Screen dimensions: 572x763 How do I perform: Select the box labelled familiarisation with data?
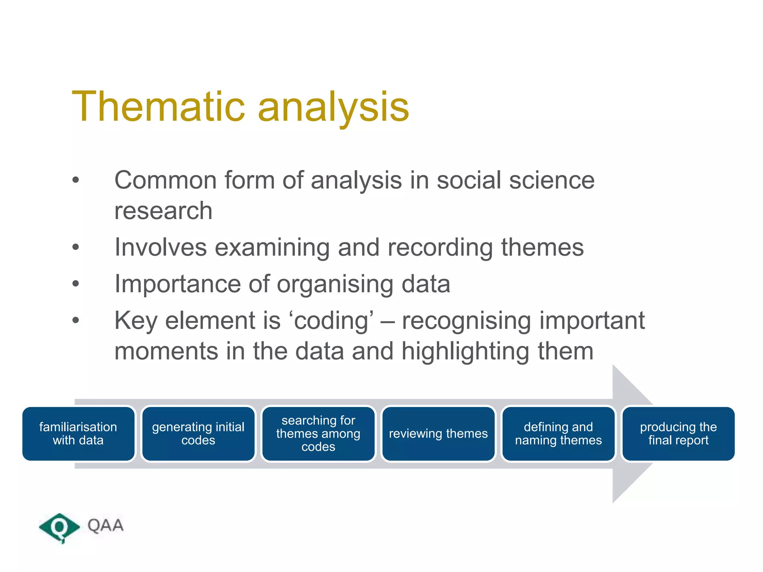(78, 433)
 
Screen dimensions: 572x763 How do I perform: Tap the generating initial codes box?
(198, 433)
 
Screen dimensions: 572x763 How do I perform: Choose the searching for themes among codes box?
(318, 433)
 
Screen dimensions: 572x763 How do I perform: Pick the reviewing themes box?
(438, 433)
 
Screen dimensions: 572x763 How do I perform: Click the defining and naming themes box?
(558, 433)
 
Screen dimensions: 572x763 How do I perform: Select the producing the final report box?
(678, 433)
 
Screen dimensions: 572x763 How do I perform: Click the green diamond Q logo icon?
(59, 527)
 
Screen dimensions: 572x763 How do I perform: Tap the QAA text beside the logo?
(105, 525)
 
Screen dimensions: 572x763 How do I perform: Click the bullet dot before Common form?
(76, 180)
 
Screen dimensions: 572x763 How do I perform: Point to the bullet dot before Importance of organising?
(76, 284)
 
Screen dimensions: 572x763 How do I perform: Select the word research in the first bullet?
(163, 211)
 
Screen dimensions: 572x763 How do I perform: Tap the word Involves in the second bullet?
(160, 247)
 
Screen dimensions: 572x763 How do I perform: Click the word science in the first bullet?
(552, 181)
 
